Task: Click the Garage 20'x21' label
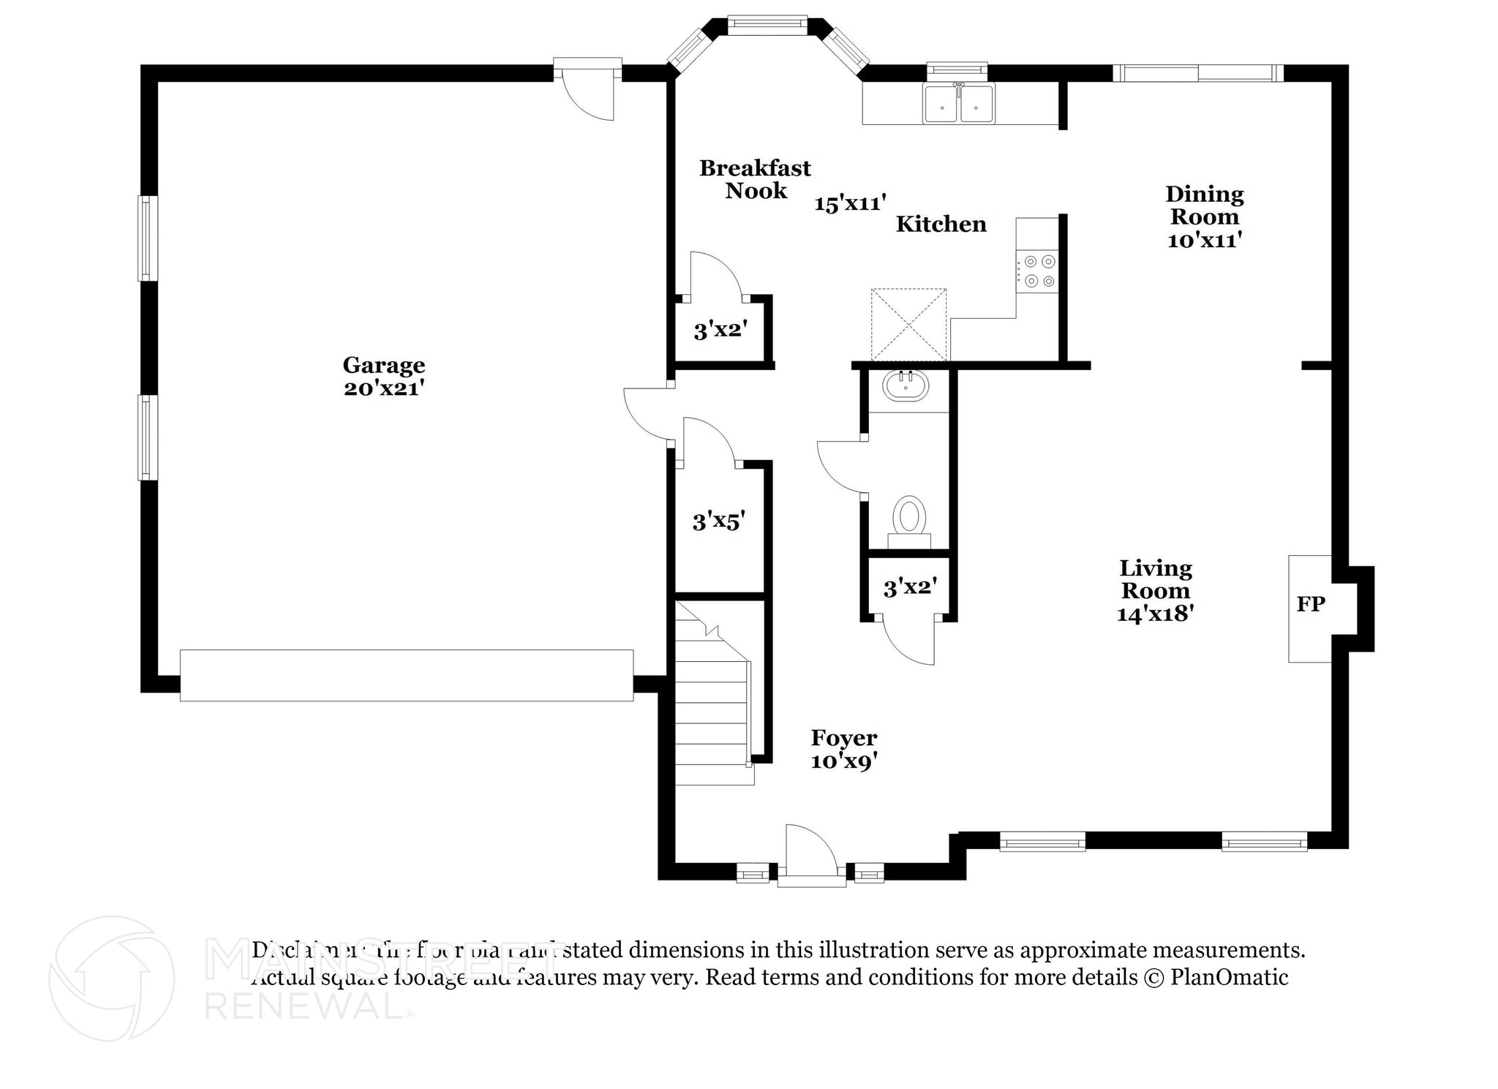pyautogui.click(x=383, y=376)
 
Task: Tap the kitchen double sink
pyautogui.click(x=958, y=104)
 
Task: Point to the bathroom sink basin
pyautogui.click(x=906, y=385)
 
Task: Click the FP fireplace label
pyautogui.click(x=1310, y=604)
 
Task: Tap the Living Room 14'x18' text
pyautogui.click(x=1155, y=590)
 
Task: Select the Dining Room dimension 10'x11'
pyautogui.click(x=1204, y=240)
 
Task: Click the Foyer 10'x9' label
pyautogui.click(x=843, y=749)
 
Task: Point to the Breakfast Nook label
pyautogui.click(x=755, y=179)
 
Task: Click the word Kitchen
pyautogui.click(x=941, y=224)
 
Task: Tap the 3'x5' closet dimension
pyautogui.click(x=718, y=521)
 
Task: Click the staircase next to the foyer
pyautogui.click(x=711, y=702)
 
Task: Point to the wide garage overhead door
pyautogui.click(x=406, y=675)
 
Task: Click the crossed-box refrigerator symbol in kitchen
pyautogui.click(x=908, y=325)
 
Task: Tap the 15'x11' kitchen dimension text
pyautogui.click(x=850, y=203)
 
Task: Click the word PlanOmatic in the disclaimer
pyautogui.click(x=1229, y=977)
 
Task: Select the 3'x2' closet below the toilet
pyautogui.click(x=909, y=587)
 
